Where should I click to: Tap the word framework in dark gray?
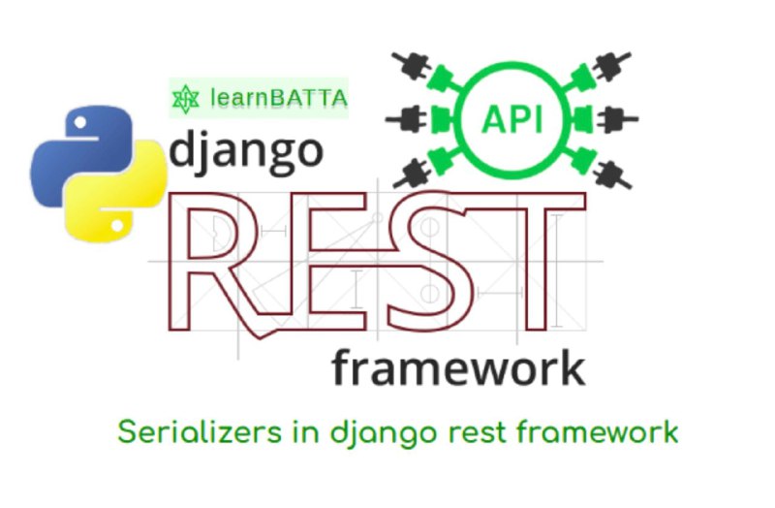pos(459,367)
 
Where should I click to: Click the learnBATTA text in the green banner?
pos(279,98)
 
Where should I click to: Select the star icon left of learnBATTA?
pos(185,99)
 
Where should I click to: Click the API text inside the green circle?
pos(512,119)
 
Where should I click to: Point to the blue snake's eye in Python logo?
pos(79,123)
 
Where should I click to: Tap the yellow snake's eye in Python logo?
pos(116,226)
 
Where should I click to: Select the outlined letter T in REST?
pos(530,261)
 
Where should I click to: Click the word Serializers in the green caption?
pos(200,431)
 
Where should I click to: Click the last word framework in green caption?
pos(598,431)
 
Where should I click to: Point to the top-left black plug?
pos(411,66)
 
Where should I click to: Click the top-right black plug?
pos(612,66)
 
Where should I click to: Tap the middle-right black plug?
pos(618,119)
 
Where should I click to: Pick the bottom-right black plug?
pos(612,175)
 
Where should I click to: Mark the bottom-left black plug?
pos(412,175)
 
